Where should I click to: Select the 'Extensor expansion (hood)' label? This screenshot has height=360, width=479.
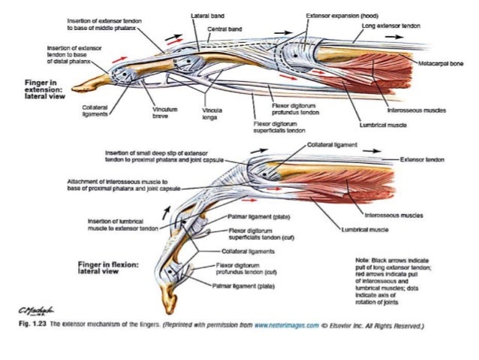(335, 14)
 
